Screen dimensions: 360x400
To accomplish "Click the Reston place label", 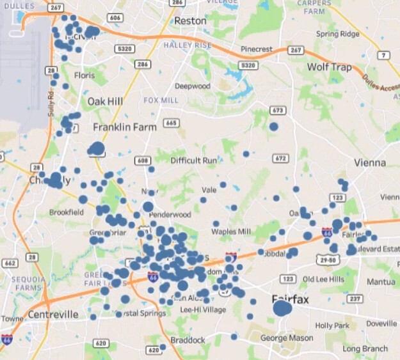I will pos(190,21).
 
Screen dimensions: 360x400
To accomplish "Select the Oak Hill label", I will pos(105,101).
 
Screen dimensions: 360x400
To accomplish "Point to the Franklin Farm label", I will pos(125,127).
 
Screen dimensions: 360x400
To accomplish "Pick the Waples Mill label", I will pos(231,231).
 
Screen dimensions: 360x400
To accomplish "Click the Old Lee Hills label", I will pos(323,279).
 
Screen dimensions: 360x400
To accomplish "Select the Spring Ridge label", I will pos(337,34).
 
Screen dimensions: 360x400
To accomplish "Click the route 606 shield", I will pos(115,18).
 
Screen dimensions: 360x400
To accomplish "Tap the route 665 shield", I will pos(170,123).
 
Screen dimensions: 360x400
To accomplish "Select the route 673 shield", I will pos(277,111).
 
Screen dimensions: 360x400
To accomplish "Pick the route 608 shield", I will pos(142,160).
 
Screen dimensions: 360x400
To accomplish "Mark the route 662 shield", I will pos(10,263).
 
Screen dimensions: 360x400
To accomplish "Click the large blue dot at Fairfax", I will pos(282,309).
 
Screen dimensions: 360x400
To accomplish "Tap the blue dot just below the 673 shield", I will pos(274,127).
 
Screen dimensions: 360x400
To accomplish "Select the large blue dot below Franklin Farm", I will pos(97,149).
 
